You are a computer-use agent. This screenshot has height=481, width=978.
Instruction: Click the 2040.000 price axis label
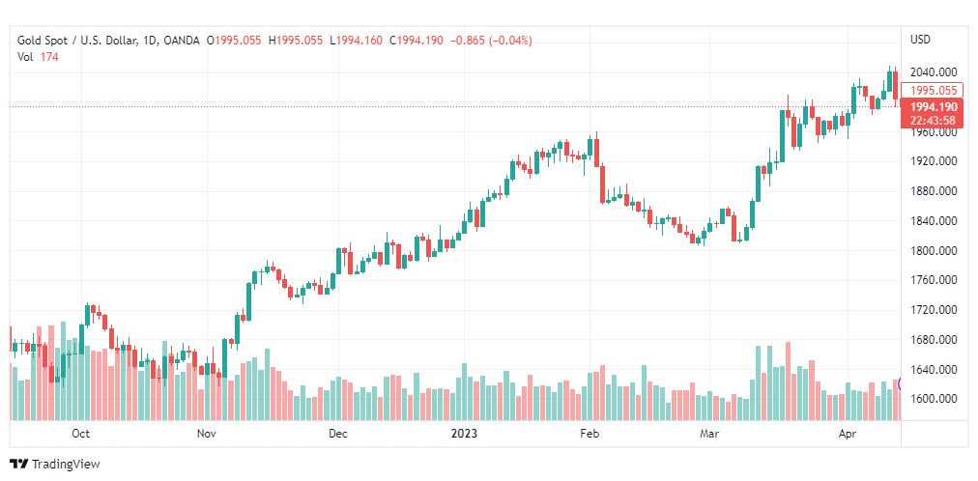click(x=934, y=72)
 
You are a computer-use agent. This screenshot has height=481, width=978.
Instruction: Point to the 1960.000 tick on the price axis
click(x=934, y=132)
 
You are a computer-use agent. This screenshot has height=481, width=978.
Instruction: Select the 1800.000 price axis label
click(x=934, y=251)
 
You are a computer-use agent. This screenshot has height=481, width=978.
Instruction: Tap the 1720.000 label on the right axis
click(x=934, y=310)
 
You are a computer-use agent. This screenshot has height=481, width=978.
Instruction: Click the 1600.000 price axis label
click(x=934, y=399)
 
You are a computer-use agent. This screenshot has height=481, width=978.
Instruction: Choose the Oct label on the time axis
click(x=81, y=435)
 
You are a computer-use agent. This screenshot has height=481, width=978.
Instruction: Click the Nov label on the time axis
click(x=206, y=435)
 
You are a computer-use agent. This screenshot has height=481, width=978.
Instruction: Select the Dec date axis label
click(x=337, y=435)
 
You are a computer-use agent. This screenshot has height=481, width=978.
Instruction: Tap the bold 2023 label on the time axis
click(x=465, y=435)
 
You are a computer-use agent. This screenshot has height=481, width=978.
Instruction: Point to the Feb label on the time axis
click(x=590, y=435)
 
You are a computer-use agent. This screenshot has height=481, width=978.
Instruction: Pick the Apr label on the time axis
click(x=846, y=435)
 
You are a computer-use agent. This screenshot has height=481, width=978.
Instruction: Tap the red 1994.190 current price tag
click(x=934, y=107)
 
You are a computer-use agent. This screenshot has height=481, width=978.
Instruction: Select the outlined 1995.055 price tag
click(x=934, y=91)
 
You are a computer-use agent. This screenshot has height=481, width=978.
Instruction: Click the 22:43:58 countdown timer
click(x=934, y=121)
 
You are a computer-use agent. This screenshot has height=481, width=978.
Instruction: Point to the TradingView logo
click(x=55, y=465)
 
